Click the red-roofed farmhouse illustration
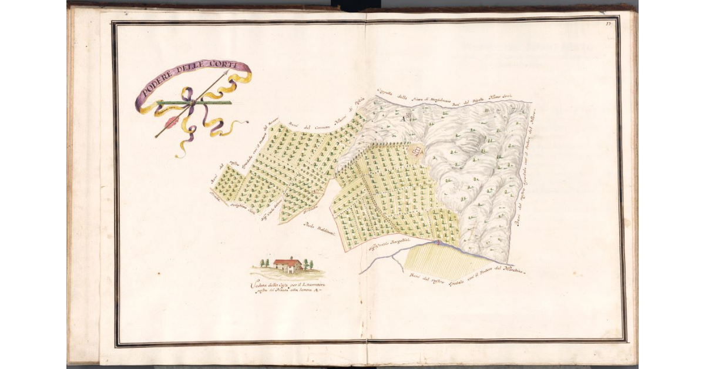tap(288, 265)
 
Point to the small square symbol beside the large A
tap(409, 118)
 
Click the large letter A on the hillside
tap(403, 118)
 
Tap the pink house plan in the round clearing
tap(417, 152)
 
